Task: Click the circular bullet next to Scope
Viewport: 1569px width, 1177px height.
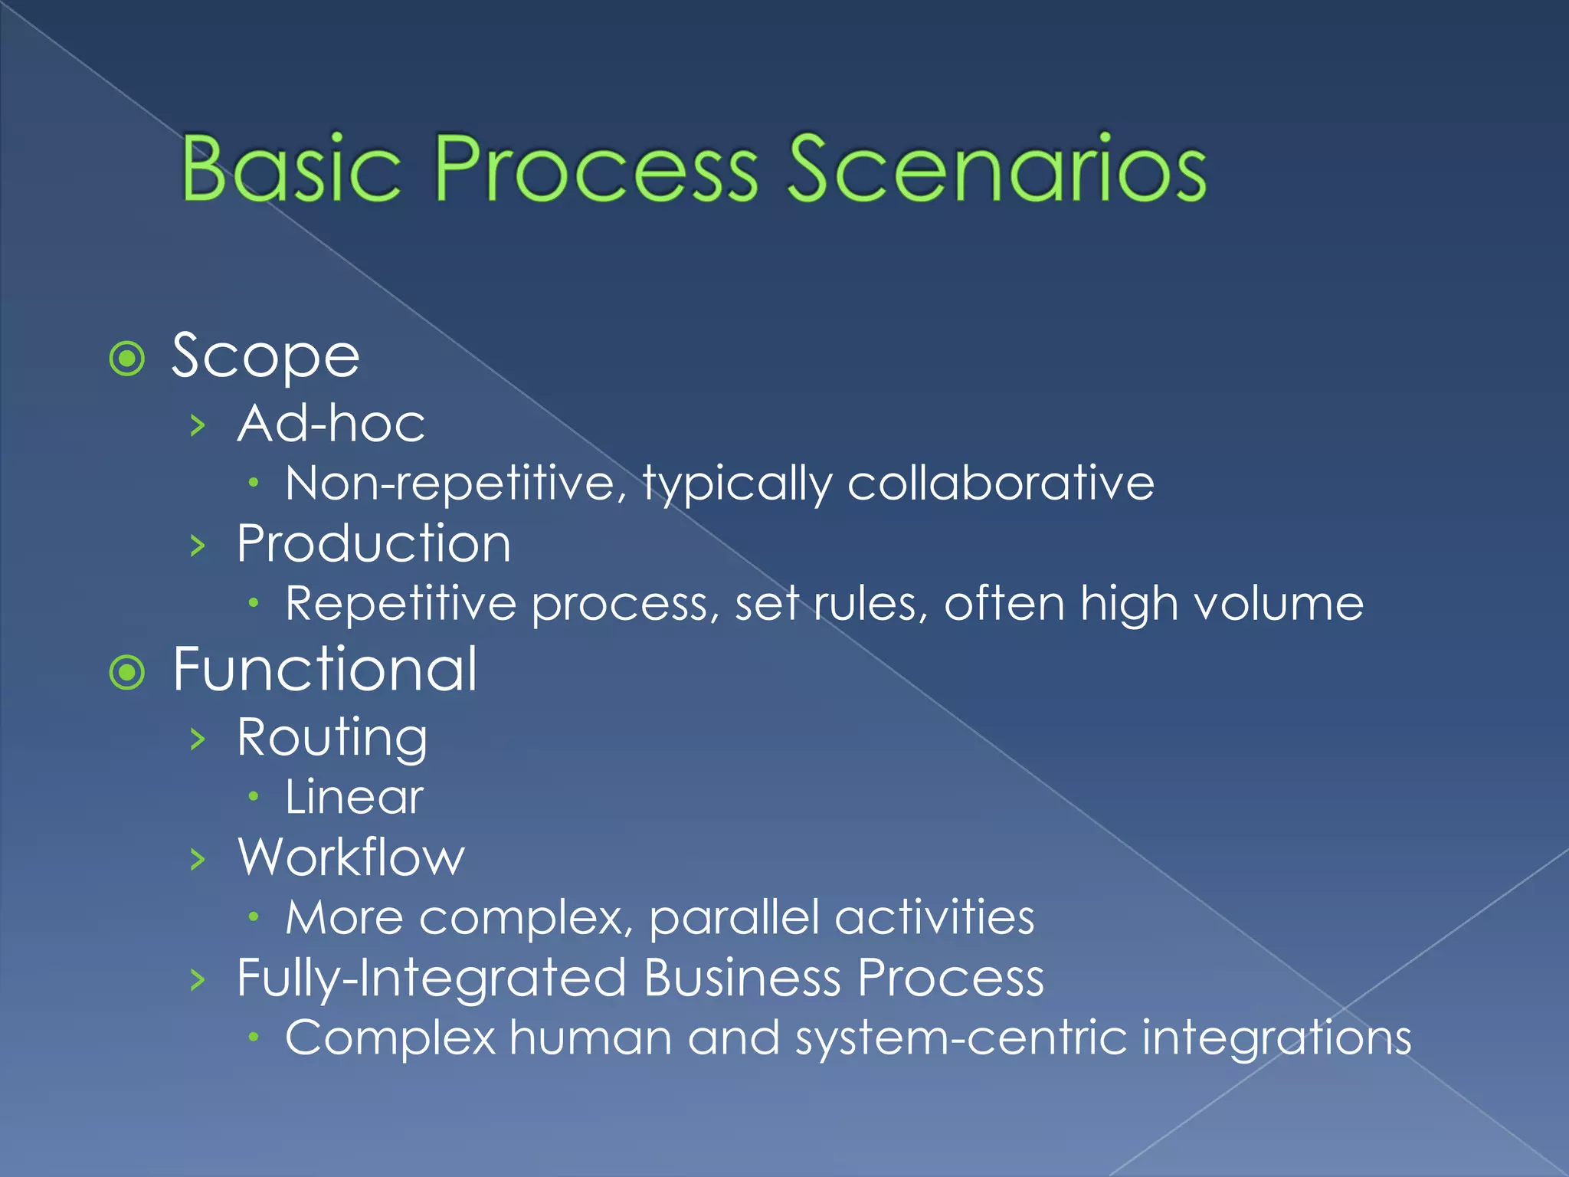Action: pos(127,359)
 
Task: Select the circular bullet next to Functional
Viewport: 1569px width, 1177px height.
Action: pos(127,673)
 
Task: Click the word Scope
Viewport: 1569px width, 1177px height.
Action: pos(265,357)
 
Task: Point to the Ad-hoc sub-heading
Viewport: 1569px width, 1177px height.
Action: pos(331,423)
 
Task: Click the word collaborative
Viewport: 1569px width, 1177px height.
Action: pos(1001,484)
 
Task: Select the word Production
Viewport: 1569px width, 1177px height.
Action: pos(373,543)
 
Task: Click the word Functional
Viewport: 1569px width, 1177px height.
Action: pos(325,670)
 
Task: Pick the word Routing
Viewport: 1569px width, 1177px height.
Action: pos(332,737)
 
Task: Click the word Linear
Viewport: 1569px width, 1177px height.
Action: pos(354,797)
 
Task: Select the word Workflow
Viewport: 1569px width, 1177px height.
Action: pos(351,857)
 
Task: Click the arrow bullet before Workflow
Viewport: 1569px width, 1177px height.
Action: pos(198,860)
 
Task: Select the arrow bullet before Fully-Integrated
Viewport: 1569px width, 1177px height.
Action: pos(198,980)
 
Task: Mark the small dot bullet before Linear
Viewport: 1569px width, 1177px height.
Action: pos(254,798)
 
